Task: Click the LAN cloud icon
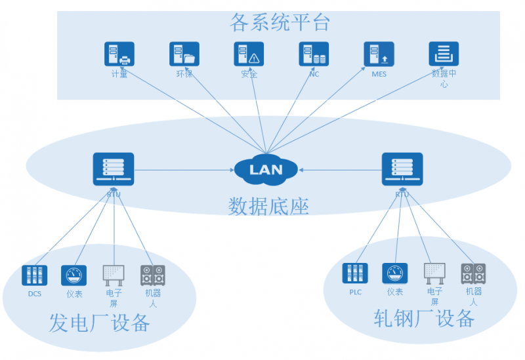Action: [x=266, y=169]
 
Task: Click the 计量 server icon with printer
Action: [x=119, y=54]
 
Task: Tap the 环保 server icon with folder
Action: [x=184, y=54]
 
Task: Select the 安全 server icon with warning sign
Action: [x=249, y=54]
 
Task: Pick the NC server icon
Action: [x=314, y=54]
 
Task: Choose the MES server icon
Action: [x=379, y=54]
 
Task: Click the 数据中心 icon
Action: [x=444, y=54]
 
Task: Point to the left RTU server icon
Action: [x=114, y=170]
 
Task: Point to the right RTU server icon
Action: [x=402, y=170]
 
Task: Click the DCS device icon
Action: [x=34, y=275]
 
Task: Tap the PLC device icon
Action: [x=355, y=273]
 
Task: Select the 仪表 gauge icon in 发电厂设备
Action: [x=73, y=275]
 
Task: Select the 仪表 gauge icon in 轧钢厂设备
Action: [x=394, y=273]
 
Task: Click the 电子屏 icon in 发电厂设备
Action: [x=114, y=275]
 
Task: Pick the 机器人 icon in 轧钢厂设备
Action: [x=473, y=273]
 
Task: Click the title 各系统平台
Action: [x=280, y=23]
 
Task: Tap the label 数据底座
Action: [x=268, y=206]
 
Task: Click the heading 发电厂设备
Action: [x=100, y=323]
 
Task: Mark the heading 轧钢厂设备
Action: [x=424, y=319]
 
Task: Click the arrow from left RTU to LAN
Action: [x=184, y=170]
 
